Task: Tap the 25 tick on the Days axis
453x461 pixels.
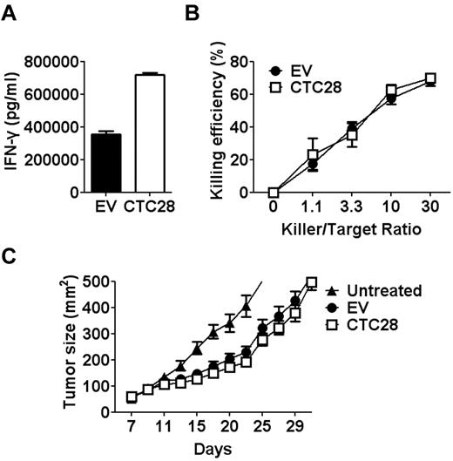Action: point(260,427)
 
